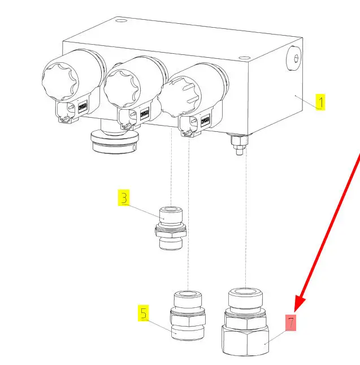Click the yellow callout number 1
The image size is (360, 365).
320,102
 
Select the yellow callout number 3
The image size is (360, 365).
124,198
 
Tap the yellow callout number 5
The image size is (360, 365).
144,313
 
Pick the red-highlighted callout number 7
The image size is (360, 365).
290,323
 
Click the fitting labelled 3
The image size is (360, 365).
171,228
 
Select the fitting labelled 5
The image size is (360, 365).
188,315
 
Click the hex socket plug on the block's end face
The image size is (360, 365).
294,58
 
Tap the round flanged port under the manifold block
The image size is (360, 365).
115,141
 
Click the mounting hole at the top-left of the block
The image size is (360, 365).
121,21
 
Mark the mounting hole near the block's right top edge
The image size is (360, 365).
245,58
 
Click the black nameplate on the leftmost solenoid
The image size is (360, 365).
83,106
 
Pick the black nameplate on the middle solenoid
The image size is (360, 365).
145,114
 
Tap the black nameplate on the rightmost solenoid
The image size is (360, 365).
206,121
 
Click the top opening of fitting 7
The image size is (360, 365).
246,291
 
